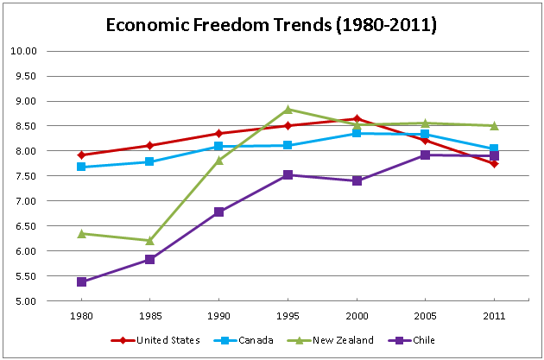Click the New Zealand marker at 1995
[x=288, y=110]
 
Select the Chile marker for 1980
[x=81, y=282]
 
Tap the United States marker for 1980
[x=81, y=155]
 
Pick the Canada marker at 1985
[x=150, y=161]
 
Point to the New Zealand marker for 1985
[x=150, y=241]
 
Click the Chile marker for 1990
[x=218, y=212]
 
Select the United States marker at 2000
[x=357, y=119]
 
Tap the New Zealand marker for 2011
[x=494, y=126]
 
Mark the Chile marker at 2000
[x=357, y=180]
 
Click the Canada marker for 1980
[x=81, y=167]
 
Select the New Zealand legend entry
[x=332, y=340]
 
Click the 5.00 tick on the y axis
[x=28, y=301]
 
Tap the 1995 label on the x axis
[x=288, y=314]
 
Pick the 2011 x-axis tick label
[x=494, y=314]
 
